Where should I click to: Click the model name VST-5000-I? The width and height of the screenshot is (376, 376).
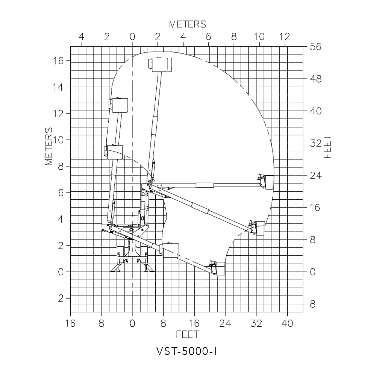point(186,352)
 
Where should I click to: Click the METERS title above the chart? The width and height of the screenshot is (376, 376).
point(188,24)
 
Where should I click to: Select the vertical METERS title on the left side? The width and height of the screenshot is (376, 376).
point(49,146)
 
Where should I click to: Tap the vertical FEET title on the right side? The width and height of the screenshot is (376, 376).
point(327,147)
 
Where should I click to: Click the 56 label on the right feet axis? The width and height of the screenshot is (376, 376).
point(315,47)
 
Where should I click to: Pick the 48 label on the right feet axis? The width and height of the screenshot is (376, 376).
point(315,79)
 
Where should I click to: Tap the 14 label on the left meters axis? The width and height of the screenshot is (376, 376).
point(58,87)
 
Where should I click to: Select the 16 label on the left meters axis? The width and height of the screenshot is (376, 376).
point(58,61)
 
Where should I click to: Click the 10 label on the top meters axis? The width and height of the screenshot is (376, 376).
point(259,37)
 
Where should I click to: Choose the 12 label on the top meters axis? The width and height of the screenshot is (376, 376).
point(285,37)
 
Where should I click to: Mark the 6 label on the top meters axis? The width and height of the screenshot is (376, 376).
point(208,37)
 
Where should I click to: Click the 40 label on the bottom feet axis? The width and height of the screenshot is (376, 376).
point(287,323)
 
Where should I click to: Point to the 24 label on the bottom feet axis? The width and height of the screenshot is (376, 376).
point(225,323)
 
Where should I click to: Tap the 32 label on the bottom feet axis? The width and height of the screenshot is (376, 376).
point(256,323)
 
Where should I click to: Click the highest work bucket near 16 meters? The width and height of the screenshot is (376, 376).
point(160,65)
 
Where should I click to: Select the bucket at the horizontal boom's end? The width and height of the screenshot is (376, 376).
point(266,182)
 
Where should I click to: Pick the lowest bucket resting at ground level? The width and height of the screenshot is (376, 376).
point(218,268)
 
